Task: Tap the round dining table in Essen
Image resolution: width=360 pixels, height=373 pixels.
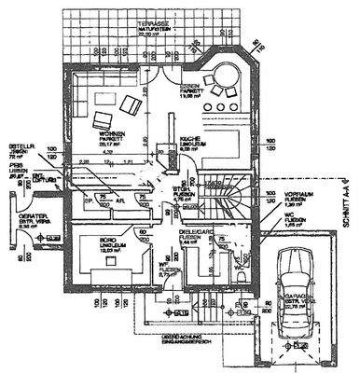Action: coord(225,76)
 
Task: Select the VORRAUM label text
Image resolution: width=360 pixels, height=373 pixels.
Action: coord(297,195)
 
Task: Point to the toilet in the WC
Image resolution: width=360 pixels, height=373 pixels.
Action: coord(242,275)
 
